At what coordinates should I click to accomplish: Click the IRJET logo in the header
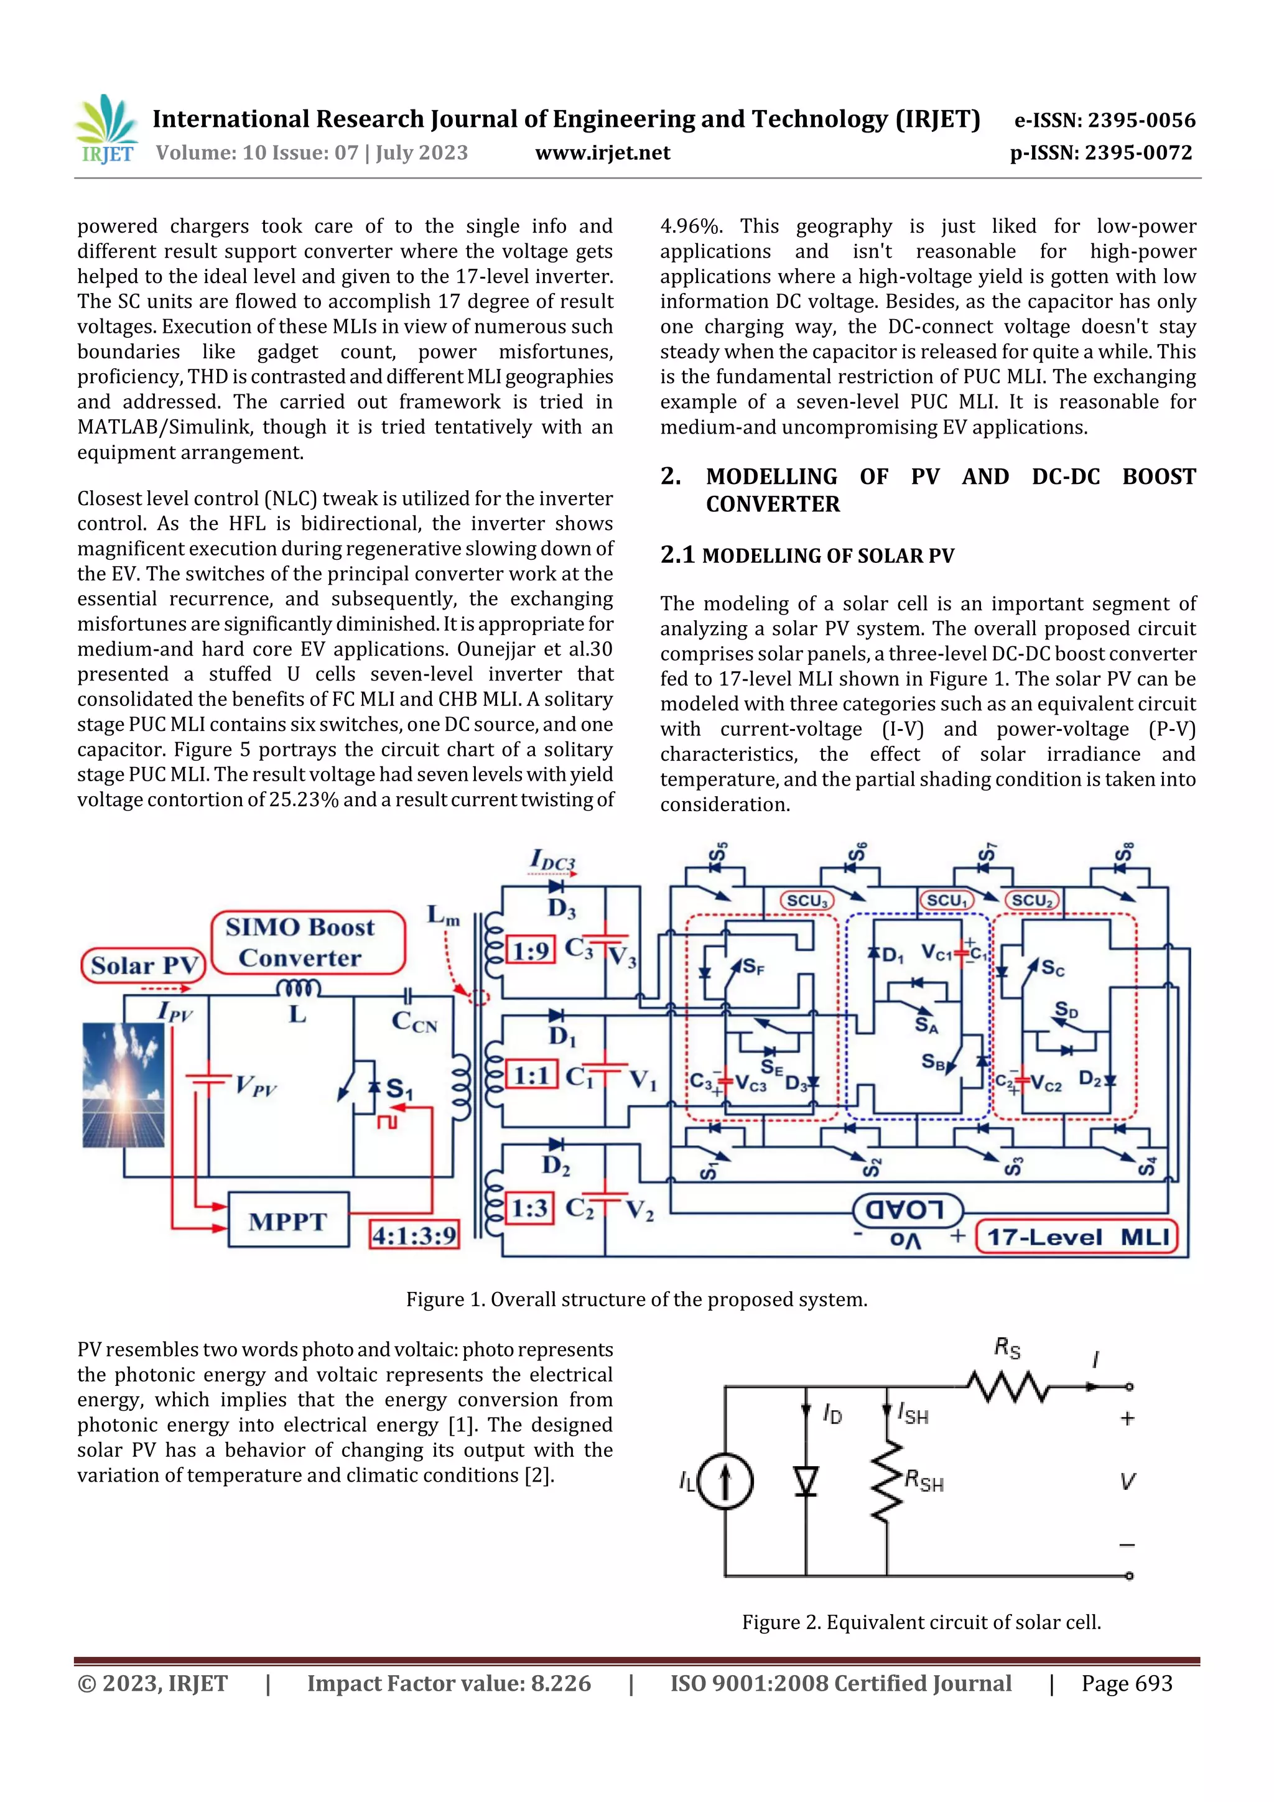107,129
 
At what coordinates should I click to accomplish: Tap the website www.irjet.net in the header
602,153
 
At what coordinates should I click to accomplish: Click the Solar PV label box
143,965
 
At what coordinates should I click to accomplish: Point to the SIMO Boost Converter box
309,942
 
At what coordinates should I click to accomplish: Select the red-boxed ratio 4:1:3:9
414,1235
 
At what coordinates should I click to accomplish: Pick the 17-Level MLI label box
1077,1238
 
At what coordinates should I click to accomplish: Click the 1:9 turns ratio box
531,951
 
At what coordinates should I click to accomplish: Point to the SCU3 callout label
807,900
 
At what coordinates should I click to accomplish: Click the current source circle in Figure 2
725,1482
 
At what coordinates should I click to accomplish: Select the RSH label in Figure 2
924,1481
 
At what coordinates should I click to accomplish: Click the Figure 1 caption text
636,1299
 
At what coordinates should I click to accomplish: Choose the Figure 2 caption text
921,1622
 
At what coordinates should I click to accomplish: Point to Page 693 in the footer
1127,1683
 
